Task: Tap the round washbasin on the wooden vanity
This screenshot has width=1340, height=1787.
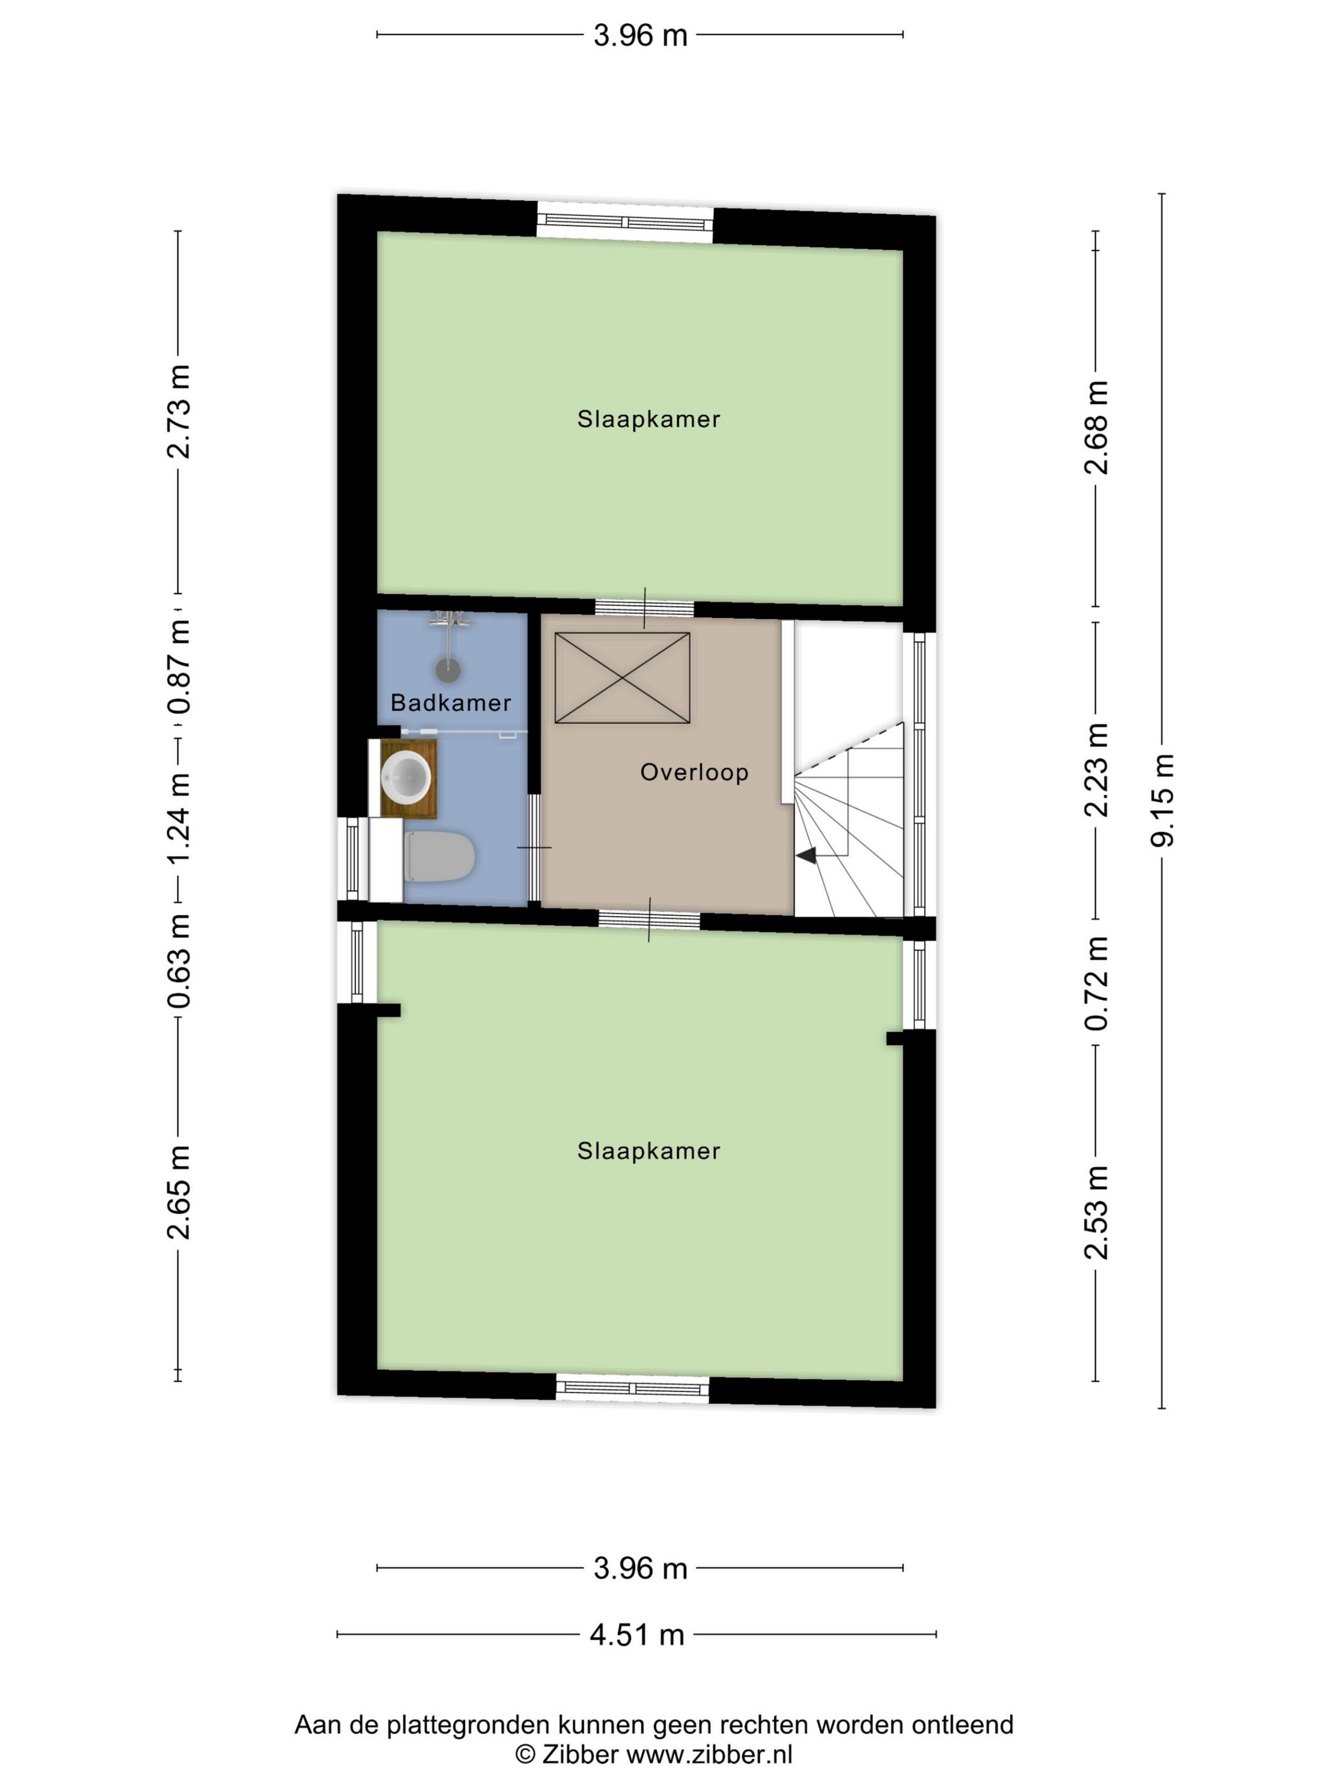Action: [x=405, y=777]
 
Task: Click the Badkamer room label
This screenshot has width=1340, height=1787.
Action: [x=450, y=703]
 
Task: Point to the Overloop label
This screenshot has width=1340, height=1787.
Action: [x=694, y=772]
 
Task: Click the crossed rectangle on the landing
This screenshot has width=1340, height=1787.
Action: [x=622, y=678]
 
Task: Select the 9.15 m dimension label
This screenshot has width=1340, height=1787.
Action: [x=1163, y=800]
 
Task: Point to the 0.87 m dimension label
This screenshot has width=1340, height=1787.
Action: [x=179, y=666]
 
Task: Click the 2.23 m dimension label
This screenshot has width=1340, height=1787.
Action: [x=1096, y=769]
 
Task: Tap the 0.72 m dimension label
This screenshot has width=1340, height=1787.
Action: [x=1096, y=983]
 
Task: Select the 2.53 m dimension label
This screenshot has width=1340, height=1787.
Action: [x=1096, y=1213]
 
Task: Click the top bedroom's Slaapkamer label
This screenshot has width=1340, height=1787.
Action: [x=648, y=419]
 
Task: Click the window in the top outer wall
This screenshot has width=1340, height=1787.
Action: [x=625, y=223]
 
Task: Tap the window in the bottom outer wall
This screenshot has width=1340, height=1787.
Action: [x=632, y=1389]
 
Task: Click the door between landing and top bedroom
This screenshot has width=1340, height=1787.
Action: [x=644, y=608]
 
